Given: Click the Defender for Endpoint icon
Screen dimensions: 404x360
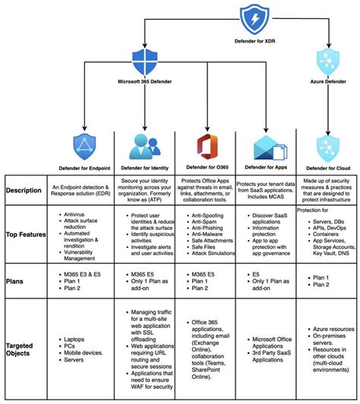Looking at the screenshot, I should coord(84,145).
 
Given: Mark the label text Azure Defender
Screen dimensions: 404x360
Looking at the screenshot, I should coord(327,80).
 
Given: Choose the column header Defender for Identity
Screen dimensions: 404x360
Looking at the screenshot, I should coord(144,167).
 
